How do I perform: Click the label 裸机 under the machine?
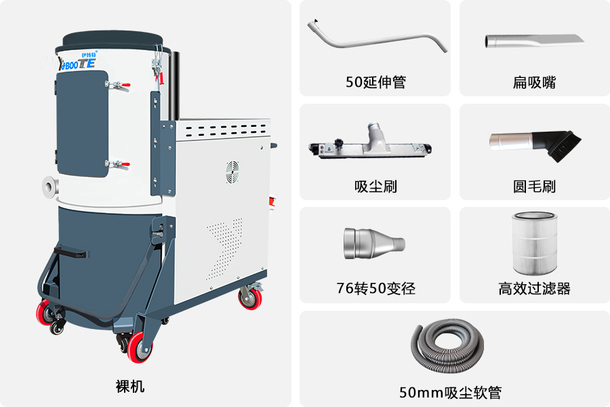coord(130,387)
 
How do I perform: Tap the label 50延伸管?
coord(375,82)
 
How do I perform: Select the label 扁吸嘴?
coord(534,83)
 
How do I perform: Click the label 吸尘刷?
coord(375,187)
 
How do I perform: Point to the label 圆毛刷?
coord(534,187)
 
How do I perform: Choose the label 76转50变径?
coord(375,288)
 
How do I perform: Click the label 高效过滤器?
coord(534,288)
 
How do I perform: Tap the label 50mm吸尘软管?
coord(450,392)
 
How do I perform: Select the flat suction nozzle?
coord(534,40)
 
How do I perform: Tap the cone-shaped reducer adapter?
coord(374,244)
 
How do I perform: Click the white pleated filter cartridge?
coord(535,243)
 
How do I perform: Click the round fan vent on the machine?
coord(232,172)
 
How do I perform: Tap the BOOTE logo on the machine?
coord(77,62)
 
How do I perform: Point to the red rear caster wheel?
coord(250,298)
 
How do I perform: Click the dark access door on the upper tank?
coord(82,123)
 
